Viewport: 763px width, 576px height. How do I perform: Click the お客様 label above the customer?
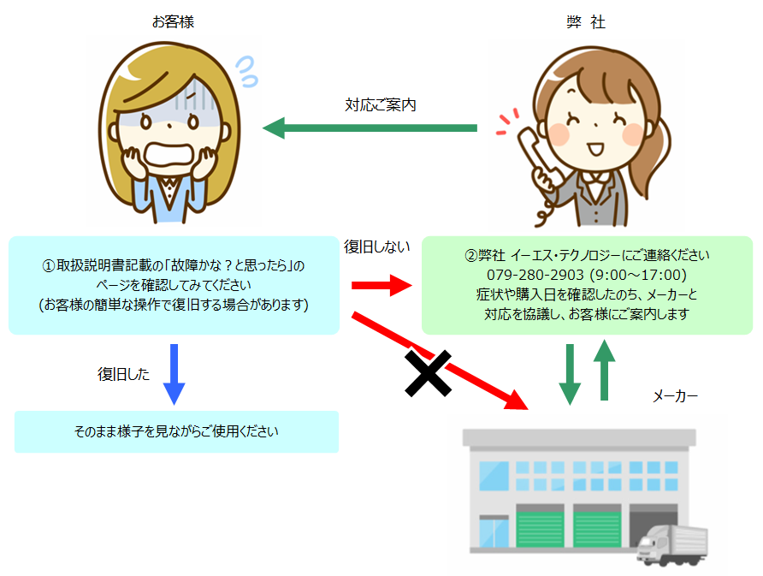click(173, 22)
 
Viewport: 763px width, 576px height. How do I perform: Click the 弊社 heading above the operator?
click(586, 22)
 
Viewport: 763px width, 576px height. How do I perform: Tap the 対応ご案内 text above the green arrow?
click(381, 104)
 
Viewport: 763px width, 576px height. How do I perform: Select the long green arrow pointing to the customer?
click(370, 128)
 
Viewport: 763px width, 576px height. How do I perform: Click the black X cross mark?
click(429, 373)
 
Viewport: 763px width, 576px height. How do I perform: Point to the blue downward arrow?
click(174, 374)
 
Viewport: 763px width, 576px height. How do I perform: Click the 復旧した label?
click(123, 374)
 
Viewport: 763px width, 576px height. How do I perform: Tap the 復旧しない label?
click(377, 246)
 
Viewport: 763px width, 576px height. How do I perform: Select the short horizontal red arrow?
click(382, 285)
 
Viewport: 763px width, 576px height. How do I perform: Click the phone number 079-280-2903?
click(535, 275)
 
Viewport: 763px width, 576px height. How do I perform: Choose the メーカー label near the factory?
click(675, 396)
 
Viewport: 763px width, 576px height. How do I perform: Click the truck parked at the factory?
click(672, 545)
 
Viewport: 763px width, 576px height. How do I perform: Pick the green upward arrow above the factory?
click(605, 370)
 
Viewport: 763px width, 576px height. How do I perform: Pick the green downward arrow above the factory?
click(570, 374)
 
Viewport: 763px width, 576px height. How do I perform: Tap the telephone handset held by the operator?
click(535, 155)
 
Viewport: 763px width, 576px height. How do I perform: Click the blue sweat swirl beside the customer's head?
click(247, 71)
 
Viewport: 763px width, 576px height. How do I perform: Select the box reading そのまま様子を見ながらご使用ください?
click(177, 432)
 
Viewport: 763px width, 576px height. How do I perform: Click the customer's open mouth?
click(170, 155)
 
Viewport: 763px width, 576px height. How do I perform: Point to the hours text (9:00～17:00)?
click(638, 275)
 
